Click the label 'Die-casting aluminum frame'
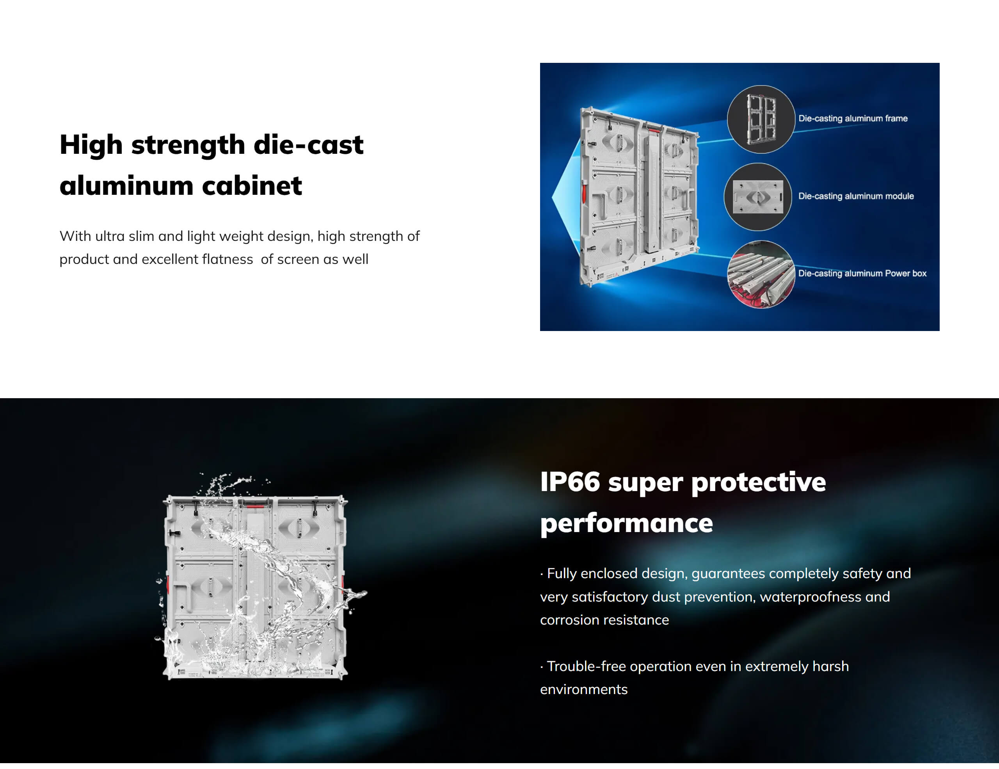pos(853,119)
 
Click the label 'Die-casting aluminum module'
pos(856,196)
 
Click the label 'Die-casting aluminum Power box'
pos(862,274)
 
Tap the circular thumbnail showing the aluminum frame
pos(761,119)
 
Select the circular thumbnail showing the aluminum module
pos(758,197)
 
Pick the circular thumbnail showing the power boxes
pos(761,274)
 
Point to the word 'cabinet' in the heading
pos(252,186)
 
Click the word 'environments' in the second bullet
pos(584,689)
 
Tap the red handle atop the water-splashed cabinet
pos(255,505)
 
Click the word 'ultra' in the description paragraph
pos(110,236)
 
